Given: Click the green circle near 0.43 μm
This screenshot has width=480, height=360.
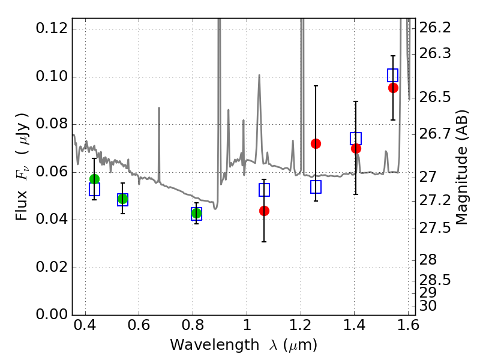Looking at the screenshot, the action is (94, 179).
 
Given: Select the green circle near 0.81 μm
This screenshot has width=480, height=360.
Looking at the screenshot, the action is (196, 213).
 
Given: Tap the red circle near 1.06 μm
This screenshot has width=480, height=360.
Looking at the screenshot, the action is (264, 211).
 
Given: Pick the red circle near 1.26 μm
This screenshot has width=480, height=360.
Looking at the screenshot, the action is (316, 143).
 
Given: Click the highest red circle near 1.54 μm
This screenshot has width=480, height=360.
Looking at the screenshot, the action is (393, 88).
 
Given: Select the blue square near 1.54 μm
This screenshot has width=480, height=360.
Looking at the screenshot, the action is (393, 76).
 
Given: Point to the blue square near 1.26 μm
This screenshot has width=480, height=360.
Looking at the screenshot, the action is (316, 187).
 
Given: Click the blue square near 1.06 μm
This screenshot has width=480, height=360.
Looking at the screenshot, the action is (264, 190).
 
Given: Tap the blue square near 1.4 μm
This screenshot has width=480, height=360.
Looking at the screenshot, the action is (356, 139).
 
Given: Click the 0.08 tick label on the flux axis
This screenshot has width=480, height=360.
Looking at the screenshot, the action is (52, 124).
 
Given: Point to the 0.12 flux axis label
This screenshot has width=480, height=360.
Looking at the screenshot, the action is (52, 28).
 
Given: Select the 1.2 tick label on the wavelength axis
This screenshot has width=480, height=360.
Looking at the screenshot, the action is (301, 325).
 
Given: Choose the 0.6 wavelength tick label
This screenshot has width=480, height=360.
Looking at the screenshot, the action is (139, 325).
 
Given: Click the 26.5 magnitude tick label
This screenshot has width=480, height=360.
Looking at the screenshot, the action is (435, 97).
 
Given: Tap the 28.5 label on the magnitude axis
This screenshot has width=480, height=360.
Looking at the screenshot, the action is (435, 280).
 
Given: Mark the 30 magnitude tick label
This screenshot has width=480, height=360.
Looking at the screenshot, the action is (428, 306).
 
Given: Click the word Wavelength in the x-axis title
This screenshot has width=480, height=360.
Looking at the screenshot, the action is (215, 345).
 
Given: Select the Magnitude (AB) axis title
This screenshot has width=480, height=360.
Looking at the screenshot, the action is (461, 167).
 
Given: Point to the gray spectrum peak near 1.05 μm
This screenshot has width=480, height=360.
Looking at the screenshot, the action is (259, 74).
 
